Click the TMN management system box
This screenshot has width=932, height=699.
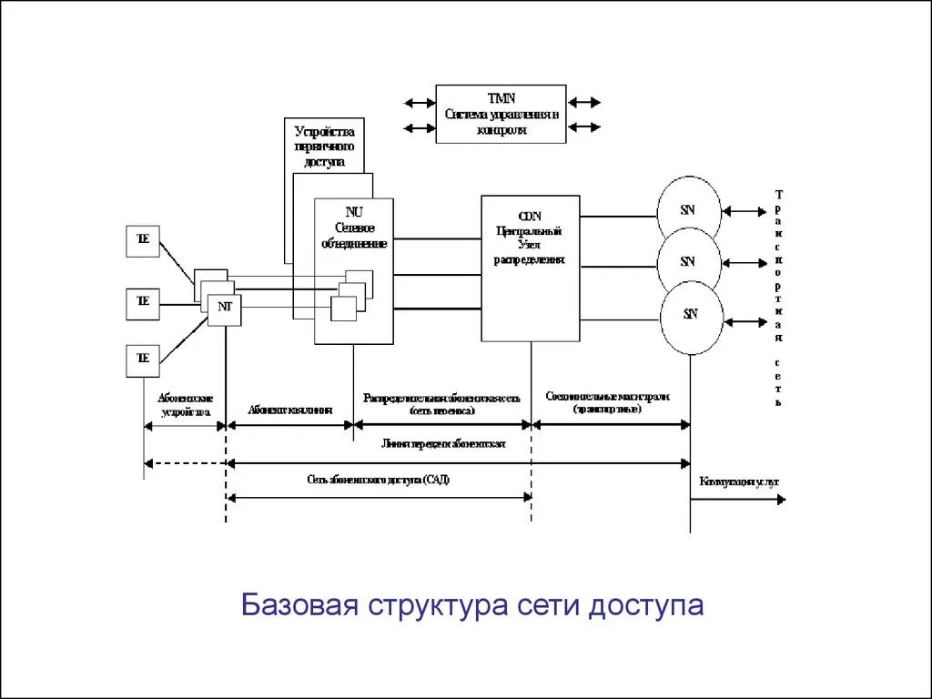tap(501, 114)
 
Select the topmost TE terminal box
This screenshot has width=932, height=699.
tap(142, 241)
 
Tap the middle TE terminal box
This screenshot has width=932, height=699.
tap(142, 301)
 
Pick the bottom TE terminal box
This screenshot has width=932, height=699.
tap(142, 360)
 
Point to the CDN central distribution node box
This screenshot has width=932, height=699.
tap(530, 268)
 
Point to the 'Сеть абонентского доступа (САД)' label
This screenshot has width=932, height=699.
tap(378, 480)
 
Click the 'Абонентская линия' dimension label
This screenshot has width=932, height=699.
tap(289, 410)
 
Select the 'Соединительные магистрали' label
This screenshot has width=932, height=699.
tap(608, 398)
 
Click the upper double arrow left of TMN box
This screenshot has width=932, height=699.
tap(420, 103)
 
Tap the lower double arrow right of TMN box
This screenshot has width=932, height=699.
tap(583, 128)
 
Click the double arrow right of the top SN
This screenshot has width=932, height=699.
tap(745, 212)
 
